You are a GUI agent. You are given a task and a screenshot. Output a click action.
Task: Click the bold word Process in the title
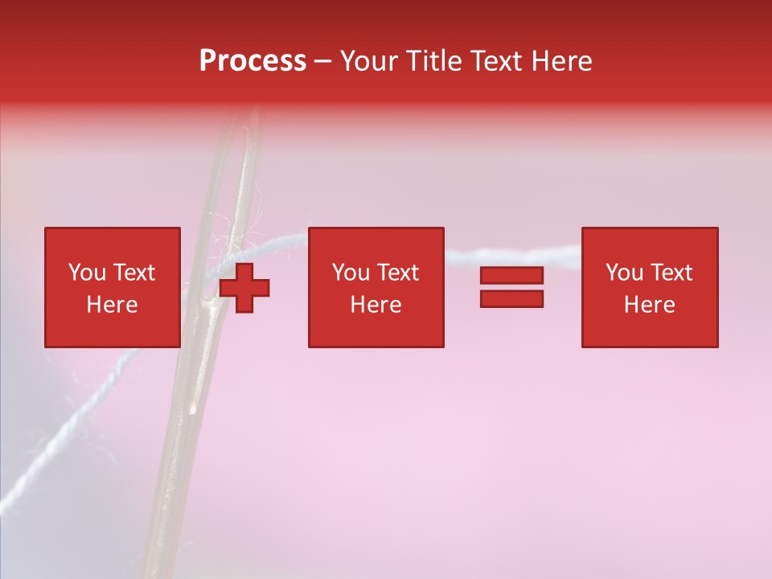coord(253,61)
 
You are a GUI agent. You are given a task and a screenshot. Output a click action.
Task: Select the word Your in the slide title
coord(368,61)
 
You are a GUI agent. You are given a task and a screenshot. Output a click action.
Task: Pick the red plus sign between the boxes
coord(244,288)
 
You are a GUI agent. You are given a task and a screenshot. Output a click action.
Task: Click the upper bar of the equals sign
coord(511,276)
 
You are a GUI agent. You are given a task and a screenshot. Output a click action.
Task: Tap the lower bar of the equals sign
coord(511,298)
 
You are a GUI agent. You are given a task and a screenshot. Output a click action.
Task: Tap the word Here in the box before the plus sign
coord(112,305)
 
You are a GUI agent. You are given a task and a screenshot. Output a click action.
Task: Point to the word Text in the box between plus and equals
coord(396,273)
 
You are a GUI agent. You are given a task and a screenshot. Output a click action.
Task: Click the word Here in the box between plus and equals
coord(376,305)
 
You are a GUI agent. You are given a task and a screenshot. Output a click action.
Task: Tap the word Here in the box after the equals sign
coord(649,305)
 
